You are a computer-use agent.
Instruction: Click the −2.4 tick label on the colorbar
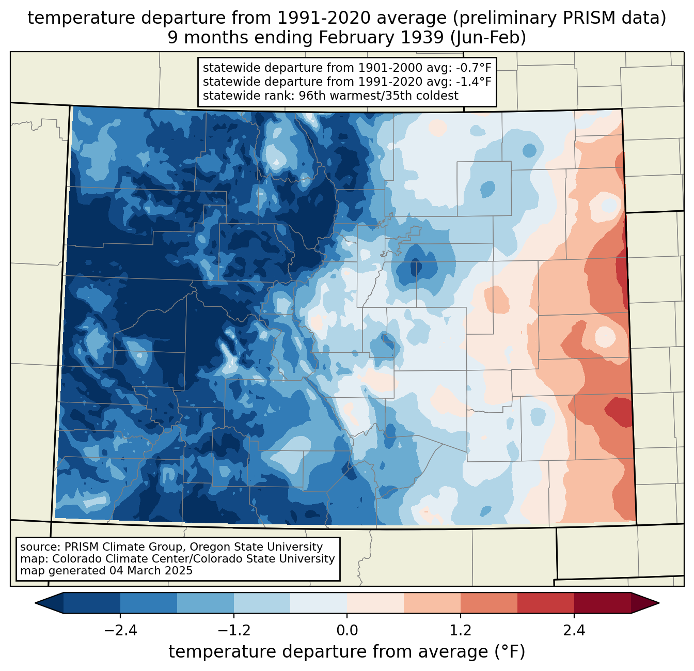point(120,631)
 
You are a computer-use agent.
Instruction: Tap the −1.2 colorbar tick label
point(233,631)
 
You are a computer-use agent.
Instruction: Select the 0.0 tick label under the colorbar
point(347,631)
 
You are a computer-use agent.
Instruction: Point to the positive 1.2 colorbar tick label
point(461,631)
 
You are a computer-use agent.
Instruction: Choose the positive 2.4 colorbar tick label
point(574,631)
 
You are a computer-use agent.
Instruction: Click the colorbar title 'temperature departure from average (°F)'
point(346,652)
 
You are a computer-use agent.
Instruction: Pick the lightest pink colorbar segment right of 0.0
point(375,603)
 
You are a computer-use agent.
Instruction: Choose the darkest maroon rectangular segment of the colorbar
point(602,603)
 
